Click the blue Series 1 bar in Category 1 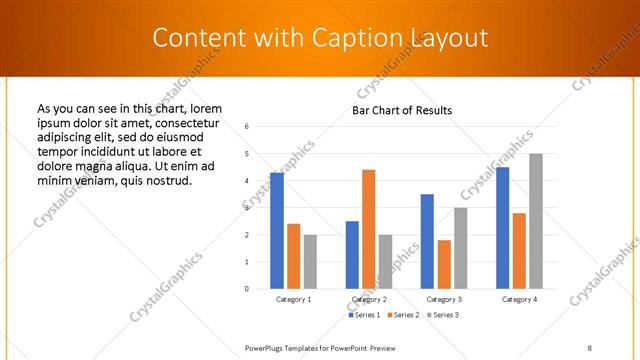[277, 230]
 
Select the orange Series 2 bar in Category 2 [369, 229]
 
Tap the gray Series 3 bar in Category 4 [536, 221]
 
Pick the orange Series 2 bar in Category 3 [444, 264]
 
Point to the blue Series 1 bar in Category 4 [502, 227]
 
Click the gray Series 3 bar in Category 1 [310, 262]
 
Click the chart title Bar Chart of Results [403, 110]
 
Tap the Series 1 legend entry [364, 315]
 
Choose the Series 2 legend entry [403, 315]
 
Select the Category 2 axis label [369, 299]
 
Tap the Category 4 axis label [519, 299]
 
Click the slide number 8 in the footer [590, 347]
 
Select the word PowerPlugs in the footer [267, 347]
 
